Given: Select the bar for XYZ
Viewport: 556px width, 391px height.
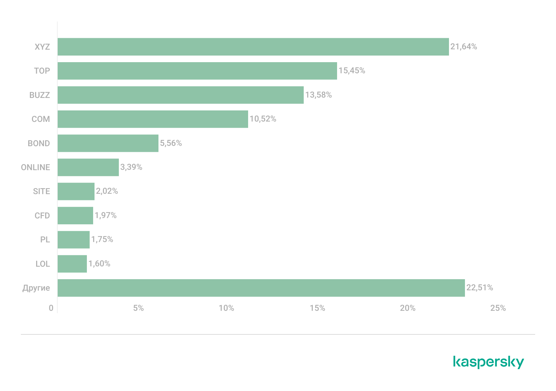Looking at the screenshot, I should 253,47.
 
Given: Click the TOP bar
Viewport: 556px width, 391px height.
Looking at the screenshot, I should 197,71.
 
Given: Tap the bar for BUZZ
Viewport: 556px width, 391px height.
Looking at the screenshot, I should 180,95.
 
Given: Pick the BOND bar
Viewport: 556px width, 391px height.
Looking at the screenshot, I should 108,143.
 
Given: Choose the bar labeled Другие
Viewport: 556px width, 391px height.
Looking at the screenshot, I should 261,288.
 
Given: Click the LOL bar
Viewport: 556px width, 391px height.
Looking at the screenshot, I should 72,264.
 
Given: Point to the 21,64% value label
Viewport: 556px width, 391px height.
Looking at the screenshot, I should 464,47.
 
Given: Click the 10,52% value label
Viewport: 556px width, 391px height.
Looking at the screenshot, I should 263,119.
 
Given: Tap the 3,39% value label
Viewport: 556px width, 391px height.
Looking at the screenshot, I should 131,167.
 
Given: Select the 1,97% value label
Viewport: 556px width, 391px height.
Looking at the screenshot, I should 105,215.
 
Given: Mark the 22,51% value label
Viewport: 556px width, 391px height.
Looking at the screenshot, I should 480,288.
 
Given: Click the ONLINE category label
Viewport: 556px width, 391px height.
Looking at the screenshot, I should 35,167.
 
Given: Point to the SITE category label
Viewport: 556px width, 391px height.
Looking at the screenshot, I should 41,191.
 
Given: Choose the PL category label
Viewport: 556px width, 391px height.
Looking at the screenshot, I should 45,240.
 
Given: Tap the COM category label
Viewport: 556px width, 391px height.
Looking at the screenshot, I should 41,119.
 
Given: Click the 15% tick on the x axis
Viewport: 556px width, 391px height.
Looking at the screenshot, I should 317,308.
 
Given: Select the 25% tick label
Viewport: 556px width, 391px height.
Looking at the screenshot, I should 498,308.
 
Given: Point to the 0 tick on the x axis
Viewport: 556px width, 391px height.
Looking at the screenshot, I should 51,308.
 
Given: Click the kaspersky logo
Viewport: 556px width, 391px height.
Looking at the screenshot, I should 488,362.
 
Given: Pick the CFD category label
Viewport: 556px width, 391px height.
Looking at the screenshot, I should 42,216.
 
